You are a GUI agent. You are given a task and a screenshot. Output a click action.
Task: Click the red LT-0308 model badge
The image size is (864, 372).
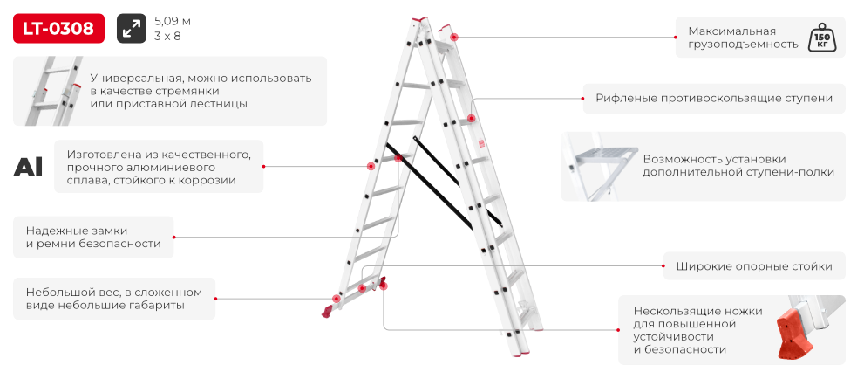(x=58, y=28)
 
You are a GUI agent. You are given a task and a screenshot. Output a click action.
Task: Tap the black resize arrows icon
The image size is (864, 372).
(x=132, y=28)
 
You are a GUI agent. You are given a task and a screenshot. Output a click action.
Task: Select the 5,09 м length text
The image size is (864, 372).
(x=173, y=22)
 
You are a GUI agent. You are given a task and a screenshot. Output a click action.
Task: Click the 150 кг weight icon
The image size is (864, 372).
(x=820, y=38)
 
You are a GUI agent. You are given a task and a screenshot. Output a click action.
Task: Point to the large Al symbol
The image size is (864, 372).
(x=28, y=167)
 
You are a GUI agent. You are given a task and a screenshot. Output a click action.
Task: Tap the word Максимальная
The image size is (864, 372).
(x=731, y=31)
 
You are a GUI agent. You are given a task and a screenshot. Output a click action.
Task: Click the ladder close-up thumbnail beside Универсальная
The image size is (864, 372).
(x=53, y=91)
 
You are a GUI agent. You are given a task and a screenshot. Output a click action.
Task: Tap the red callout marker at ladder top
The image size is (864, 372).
(x=454, y=38)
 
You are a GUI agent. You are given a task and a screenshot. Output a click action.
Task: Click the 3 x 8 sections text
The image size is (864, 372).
(x=167, y=37)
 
